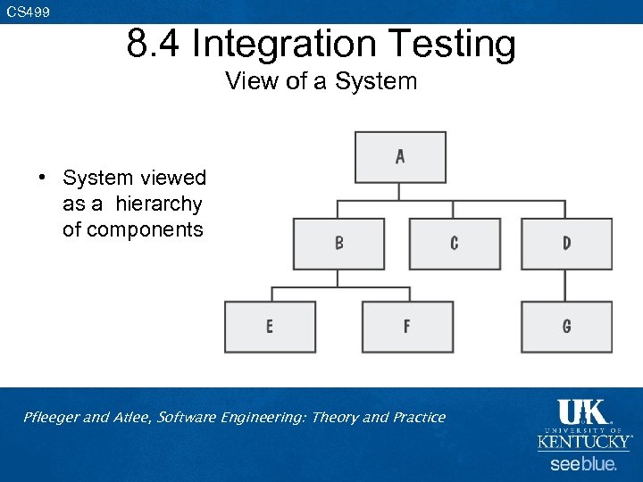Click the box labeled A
pos(400,157)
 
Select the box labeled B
pos(338,244)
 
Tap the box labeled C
pos(454,244)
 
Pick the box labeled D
pos(566,244)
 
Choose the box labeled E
pos(270,327)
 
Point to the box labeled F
pos(407,327)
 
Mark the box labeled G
pos(566,327)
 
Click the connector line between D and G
pos(566,286)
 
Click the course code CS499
pos(29,12)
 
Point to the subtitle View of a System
pos(321,81)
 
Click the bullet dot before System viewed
pos(42,179)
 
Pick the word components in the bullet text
pos(133,229)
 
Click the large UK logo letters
pos(583,413)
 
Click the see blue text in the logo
pos(583,464)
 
